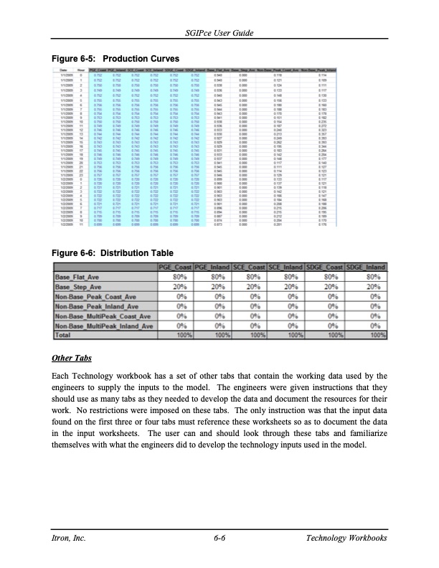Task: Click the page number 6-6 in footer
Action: click(x=219, y=539)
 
